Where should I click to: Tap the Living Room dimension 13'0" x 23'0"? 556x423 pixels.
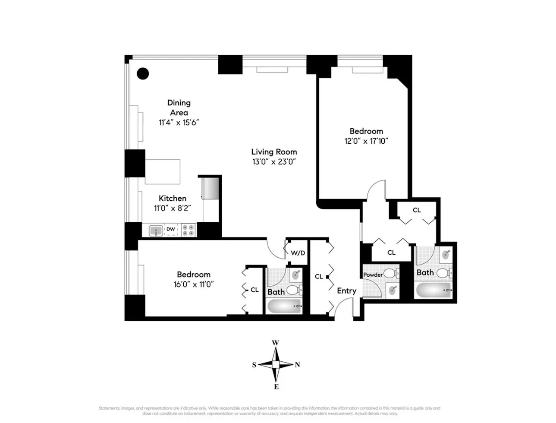[x=274, y=162]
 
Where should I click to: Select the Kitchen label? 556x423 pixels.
[x=173, y=198]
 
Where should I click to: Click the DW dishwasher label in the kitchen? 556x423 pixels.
[x=171, y=229]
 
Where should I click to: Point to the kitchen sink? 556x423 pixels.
[x=155, y=231]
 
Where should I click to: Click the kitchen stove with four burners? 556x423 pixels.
[x=188, y=230]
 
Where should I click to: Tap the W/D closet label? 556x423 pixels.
[x=297, y=253]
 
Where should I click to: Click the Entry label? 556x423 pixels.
[x=346, y=290]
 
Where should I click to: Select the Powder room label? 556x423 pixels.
[x=373, y=275]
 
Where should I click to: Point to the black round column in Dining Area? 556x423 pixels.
[x=143, y=73]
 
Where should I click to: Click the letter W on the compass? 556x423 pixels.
[x=275, y=343]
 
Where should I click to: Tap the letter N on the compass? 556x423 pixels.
[x=297, y=365]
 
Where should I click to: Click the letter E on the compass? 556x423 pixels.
[x=276, y=386]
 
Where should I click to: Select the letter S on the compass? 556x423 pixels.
[x=254, y=365]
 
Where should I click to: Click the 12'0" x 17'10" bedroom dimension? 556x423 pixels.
[x=366, y=141]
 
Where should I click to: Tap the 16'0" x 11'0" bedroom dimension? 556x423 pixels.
[x=193, y=284]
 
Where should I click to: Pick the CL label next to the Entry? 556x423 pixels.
[x=319, y=276]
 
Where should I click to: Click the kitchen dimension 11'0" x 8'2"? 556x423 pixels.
[x=173, y=208]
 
